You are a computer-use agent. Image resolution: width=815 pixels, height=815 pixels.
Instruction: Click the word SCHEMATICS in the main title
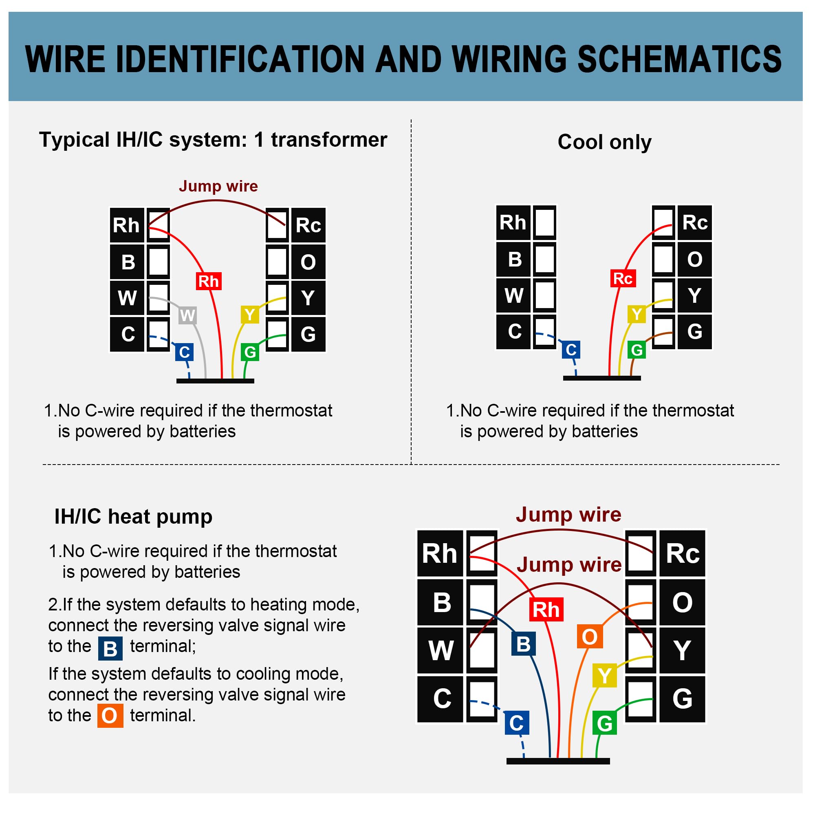coord(679,59)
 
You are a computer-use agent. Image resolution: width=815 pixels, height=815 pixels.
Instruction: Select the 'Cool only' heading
coord(604,142)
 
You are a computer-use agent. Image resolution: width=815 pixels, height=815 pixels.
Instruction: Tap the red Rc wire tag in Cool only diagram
coord(623,278)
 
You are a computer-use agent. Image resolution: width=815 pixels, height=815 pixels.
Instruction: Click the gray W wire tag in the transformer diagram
coord(187,315)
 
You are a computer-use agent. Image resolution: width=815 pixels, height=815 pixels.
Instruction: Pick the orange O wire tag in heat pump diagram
coord(589,637)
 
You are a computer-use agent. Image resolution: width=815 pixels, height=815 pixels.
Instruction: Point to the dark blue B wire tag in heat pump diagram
coord(523,644)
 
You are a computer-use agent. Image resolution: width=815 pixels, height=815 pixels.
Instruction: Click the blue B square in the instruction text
coord(110,649)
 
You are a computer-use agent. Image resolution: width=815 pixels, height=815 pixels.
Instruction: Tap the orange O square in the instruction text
coord(110,716)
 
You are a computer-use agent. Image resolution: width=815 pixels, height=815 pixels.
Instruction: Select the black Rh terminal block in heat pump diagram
coord(440,553)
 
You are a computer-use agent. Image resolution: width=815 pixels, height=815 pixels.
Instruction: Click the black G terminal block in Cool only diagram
coord(694,332)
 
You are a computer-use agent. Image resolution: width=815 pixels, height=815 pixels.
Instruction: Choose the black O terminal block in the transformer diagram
coord(308,262)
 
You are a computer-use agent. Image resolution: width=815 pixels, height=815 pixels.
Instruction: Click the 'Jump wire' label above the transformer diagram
coord(218,186)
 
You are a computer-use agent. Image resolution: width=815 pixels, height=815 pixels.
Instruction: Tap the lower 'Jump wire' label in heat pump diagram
coord(568,564)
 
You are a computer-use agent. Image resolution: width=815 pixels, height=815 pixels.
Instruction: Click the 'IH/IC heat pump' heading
coord(133,516)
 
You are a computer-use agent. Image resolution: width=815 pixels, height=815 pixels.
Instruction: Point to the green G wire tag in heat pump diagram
coord(604,723)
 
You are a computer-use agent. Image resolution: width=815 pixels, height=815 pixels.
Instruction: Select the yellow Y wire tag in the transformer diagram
coord(250,315)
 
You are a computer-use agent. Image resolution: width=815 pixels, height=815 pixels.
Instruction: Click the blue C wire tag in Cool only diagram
coord(571,350)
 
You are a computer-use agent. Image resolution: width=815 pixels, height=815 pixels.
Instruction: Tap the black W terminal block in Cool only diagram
coord(513,295)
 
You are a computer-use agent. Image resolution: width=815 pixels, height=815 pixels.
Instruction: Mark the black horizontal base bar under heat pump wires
coord(558,761)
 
